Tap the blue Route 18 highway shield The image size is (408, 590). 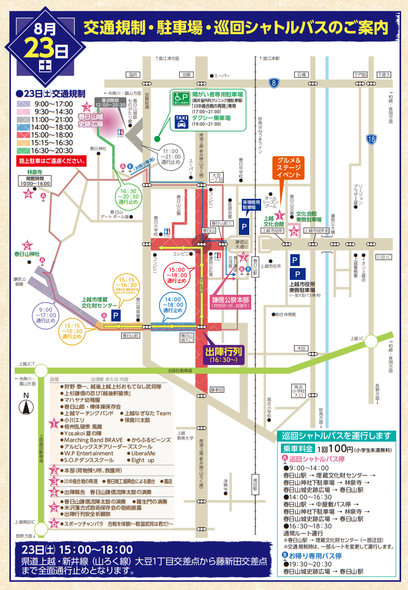tap(371, 139)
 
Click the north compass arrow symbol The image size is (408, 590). tap(25, 407)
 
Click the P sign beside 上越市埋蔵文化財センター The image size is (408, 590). tap(116, 315)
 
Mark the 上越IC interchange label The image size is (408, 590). tap(357, 338)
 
